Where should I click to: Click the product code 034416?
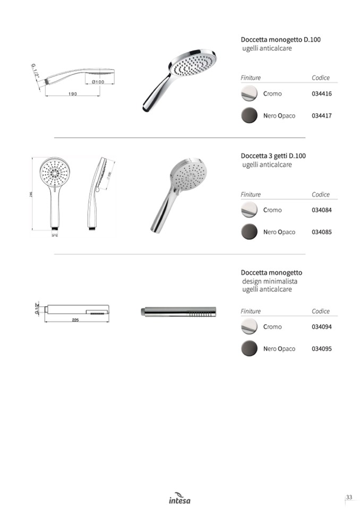(x=321, y=94)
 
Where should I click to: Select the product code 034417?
(x=321, y=116)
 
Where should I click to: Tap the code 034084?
(x=321, y=210)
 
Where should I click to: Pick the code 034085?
(x=321, y=232)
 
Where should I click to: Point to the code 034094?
(x=321, y=327)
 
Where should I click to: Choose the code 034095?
(x=321, y=349)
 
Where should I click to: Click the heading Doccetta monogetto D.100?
(x=280, y=40)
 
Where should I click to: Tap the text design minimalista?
(x=270, y=281)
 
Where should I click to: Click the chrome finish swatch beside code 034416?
(x=249, y=94)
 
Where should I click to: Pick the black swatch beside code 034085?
(x=249, y=232)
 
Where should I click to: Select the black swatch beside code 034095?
(x=249, y=349)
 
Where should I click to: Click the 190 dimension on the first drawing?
(x=73, y=94)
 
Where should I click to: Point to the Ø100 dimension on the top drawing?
(x=98, y=82)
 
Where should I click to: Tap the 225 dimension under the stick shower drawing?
(x=75, y=320)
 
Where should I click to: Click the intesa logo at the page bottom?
(x=179, y=498)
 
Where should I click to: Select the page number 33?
(x=349, y=497)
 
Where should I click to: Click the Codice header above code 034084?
(x=321, y=195)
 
